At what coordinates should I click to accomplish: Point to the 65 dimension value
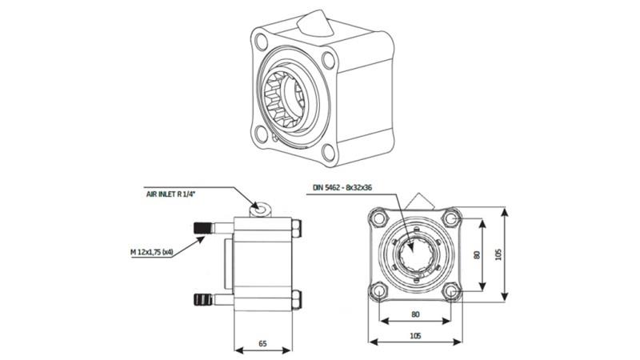coord(263,343)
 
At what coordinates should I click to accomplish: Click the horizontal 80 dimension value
coord(415,314)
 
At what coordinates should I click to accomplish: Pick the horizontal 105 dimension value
coord(415,336)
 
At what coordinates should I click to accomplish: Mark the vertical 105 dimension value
coord(500,254)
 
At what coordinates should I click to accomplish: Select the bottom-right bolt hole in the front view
coord(453,292)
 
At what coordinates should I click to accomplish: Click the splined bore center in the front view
coord(415,254)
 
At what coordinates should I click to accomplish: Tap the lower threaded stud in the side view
coord(204,301)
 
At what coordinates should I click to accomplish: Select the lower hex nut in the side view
coord(298,301)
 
